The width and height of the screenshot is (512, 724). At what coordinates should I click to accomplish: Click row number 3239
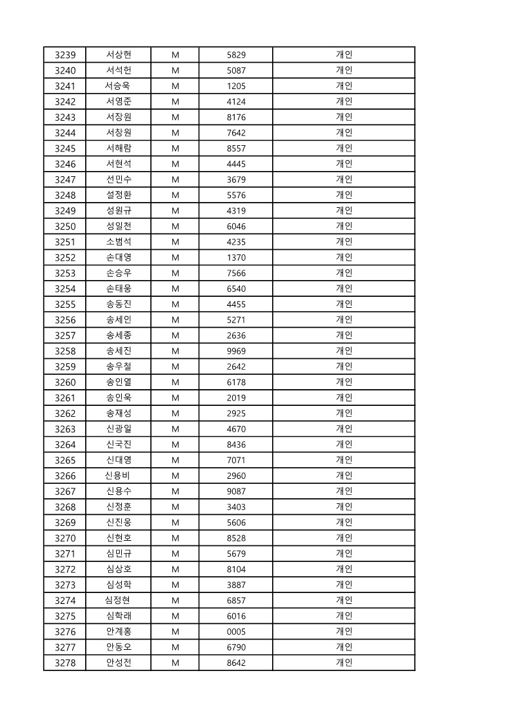pyautogui.click(x=65, y=55)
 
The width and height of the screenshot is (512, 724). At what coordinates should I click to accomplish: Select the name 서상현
pyautogui.click(x=119, y=55)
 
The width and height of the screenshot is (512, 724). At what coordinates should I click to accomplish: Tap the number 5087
pyautogui.click(x=236, y=70)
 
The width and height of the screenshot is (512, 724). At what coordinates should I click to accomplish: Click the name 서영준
pyautogui.click(x=119, y=101)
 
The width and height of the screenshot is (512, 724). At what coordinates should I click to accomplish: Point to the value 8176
pyautogui.click(x=236, y=117)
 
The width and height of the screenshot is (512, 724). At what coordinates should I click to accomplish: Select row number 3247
pyautogui.click(x=65, y=179)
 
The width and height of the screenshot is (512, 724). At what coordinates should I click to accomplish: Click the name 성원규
pyautogui.click(x=119, y=210)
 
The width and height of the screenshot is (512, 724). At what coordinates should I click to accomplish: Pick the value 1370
pyautogui.click(x=236, y=257)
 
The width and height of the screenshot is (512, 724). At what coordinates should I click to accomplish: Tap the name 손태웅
pyautogui.click(x=119, y=288)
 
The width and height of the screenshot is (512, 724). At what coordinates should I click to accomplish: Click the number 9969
pyautogui.click(x=236, y=351)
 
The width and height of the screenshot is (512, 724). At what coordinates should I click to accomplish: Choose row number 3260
pyautogui.click(x=65, y=382)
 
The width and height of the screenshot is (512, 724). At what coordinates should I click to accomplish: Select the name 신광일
pyautogui.click(x=119, y=428)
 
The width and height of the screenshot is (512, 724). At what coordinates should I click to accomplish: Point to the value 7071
pyautogui.click(x=236, y=460)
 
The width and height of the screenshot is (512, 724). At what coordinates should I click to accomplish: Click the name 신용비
pyautogui.click(x=119, y=476)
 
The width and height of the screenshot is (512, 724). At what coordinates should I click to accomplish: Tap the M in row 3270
pyautogui.click(x=175, y=538)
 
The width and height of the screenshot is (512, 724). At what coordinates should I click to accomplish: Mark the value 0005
pyautogui.click(x=236, y=632)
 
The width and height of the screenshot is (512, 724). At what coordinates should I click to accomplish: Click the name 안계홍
pyautogui.click(x=119, y=632)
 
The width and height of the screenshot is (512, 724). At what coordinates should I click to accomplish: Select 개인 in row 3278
pyautogui.click(x=344, y=663)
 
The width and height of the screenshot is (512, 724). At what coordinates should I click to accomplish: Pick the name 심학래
pyautogui.click(x=119, y=616)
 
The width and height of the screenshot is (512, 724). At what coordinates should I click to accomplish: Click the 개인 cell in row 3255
pyautogui.click(x=344, y=304)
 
